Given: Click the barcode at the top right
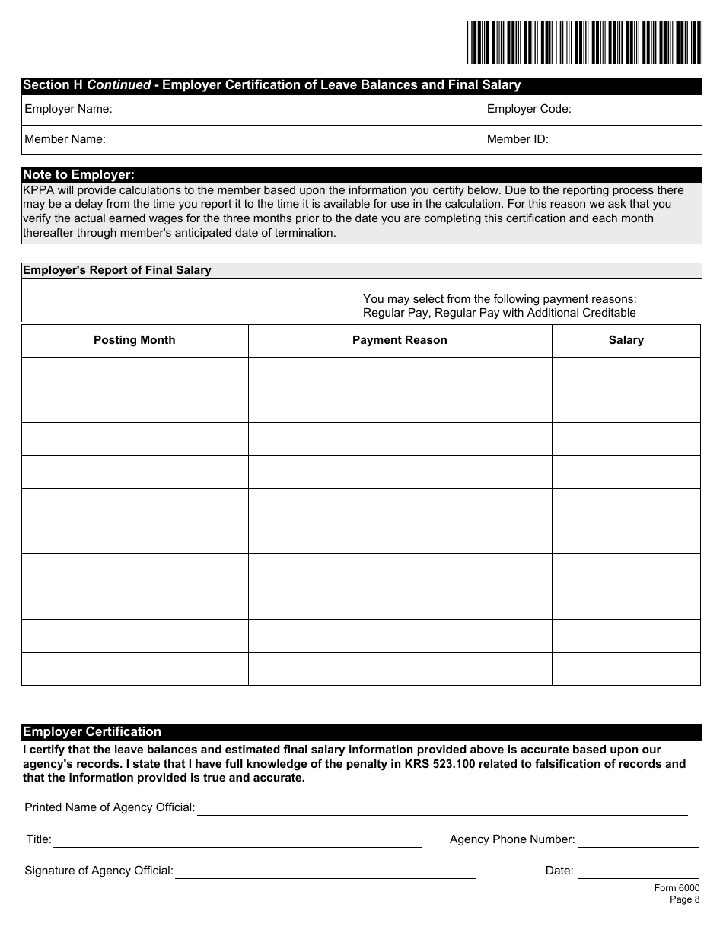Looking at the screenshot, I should pos(584,42).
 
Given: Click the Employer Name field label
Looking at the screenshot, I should pos(68,109).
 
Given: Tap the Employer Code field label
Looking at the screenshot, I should pos(529,109).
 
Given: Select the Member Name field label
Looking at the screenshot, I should pos(65,139).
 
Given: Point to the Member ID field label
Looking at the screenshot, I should pos(518,139).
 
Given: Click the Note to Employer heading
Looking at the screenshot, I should pos(78,175).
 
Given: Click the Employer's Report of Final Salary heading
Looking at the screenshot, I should pos(117,270).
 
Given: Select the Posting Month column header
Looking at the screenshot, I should pos(135,340).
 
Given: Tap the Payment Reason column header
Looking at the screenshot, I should pos(400,340).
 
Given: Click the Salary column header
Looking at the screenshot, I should pos(626,340).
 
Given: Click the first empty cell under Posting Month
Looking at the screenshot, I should pos(135,374).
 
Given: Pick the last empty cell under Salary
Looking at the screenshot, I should pos(626,669).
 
